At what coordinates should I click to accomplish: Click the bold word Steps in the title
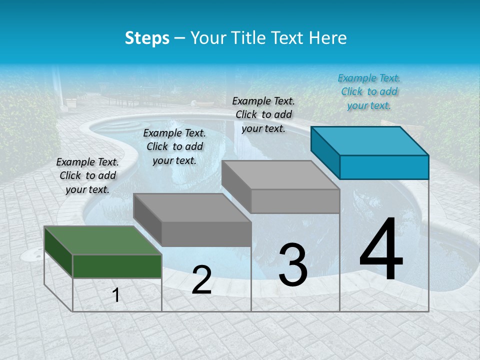[x=147, y=38]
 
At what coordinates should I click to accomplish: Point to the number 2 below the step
[x=201, y=280]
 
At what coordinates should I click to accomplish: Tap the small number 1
[x=116, y=295]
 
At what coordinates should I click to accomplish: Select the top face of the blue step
[x=370, y=141]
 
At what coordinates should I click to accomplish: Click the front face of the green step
[x=117, y=266]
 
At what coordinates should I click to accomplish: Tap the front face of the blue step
[x=384, y=167]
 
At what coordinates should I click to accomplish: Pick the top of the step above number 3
[x=280, y=175]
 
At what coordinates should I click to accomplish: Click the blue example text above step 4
[x=369, y=91]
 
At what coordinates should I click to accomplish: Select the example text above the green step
[x=87, y=175]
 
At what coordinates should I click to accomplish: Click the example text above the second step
[x=174, y=146]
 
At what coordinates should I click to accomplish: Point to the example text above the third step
[x=263, y=114]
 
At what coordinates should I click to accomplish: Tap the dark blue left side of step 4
[x=325, y=152]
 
